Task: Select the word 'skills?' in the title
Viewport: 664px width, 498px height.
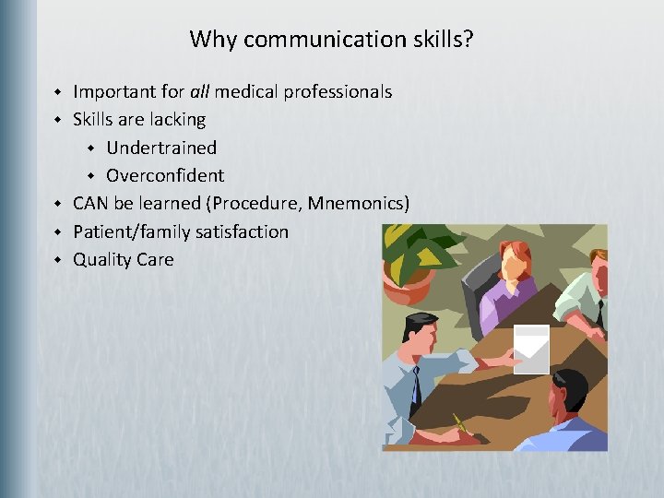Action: [440, 40]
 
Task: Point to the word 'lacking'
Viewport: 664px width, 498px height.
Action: [175, 120]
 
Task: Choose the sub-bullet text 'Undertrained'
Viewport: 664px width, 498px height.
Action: [161, 148]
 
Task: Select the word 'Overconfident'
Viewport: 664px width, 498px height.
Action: [165, 175]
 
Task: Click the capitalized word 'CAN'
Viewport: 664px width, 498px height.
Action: [90, 203]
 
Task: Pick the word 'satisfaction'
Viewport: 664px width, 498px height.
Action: [243, 231]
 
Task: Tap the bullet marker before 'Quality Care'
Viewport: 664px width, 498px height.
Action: [56, 260]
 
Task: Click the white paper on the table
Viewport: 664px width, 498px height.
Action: [530, 350]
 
